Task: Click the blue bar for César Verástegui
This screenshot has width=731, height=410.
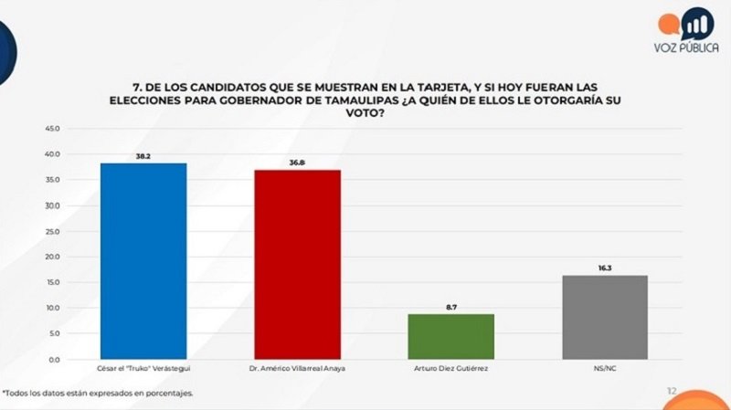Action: pyautogui.click(x=143, y=260)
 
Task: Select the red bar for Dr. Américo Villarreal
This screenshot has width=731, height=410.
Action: pyautogui.click(x=296, y=264)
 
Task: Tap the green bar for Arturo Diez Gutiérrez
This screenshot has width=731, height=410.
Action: pyautogui.click(x=450, y=336)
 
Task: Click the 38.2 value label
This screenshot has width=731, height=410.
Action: pyautogui.click(x=143, y=156)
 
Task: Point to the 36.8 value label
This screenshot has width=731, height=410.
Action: pyautogui.click(x=297, y=163)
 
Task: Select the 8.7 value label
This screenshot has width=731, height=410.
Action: pyautogui.click(x=450, y=308)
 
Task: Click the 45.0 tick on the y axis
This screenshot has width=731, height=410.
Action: pyautogui.click(x=52, y=129)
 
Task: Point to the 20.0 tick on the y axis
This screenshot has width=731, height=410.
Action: pyautogui.click(x=52, y=257)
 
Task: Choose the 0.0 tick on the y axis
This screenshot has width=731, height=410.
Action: pyautogui.click(x=54, y=359)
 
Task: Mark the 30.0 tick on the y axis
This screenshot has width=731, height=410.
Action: pyautogui.click(x=52, y=205)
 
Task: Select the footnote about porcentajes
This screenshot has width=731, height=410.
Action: pyautogui.click(x=98, y=394)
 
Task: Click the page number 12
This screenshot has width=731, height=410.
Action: pyautogui.click(x=672, y=391)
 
